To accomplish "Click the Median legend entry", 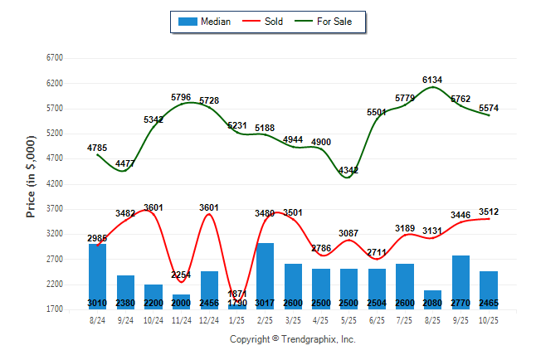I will tap(204, 22).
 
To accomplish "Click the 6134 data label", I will tap(432, 80).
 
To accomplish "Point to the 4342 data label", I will tap(348, 170).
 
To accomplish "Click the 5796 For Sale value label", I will tap(182, 98).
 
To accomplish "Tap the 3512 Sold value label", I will tap(489, 211).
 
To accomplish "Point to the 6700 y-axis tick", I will tap(55, 58).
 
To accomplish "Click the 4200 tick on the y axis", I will tap(55, 184).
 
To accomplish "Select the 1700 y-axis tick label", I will tap(55, 309).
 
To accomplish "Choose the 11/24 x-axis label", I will tap(182, 319).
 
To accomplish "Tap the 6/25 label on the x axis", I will tap(378, 319).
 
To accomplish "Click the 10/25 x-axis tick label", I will tap(489, 319).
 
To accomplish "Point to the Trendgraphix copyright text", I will tap(292, 339).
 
